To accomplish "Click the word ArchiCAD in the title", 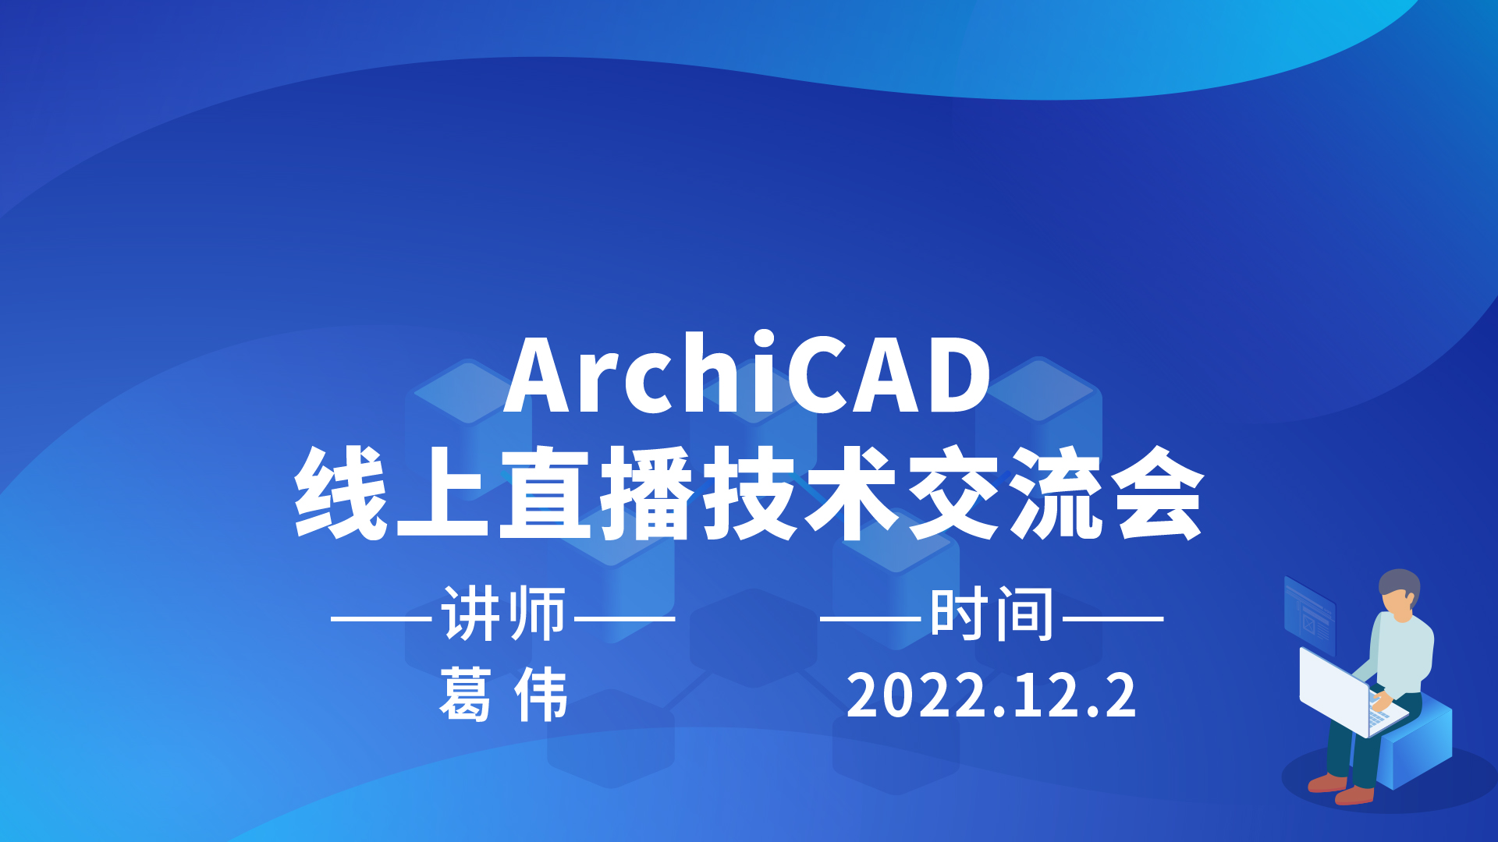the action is point(747,374).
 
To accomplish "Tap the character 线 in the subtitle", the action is point(341,493).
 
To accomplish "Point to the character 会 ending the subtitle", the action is point(1159,493).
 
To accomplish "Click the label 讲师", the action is point(503,615).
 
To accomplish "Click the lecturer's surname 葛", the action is point(466,694).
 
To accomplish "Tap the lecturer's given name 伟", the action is point(541,694).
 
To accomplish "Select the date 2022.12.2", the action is point(991,695).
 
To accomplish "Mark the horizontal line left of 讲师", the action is point(382,619).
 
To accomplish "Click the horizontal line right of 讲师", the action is point(625,619).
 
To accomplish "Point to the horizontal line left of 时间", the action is point(871,619).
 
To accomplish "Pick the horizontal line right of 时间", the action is point(1113,619).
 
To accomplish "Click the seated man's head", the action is point(1399,594).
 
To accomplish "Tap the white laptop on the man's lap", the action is point(1346,692).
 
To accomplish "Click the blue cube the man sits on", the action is point(1416,741).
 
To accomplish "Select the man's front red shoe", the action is point(1354,795).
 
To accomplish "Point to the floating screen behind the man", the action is point(1309,616).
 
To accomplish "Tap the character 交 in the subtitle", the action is point(954,493).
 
